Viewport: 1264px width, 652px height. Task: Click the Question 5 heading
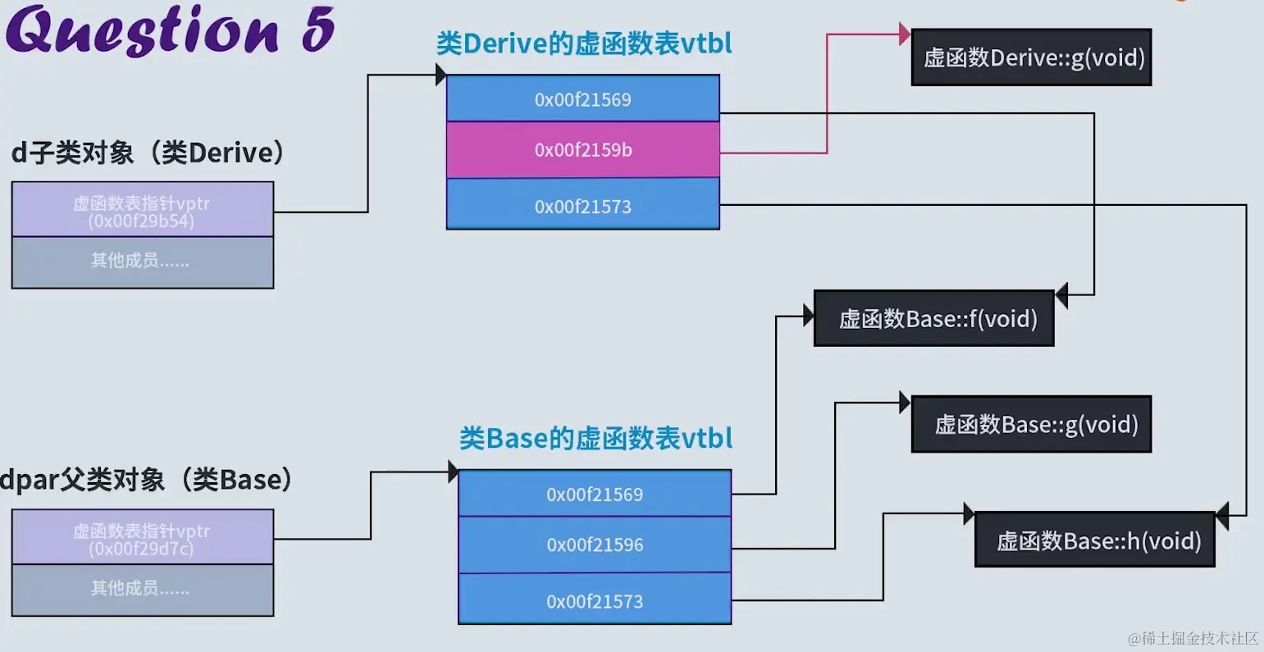click(170, 31)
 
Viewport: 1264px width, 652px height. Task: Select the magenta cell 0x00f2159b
click(582, 150)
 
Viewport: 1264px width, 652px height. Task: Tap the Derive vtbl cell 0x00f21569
click(582, 99)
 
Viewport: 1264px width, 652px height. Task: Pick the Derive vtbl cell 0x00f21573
click(582, 206)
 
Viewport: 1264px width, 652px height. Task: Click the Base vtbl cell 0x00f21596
click(595, 545)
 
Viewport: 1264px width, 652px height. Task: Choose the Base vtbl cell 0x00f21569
click(595, 494)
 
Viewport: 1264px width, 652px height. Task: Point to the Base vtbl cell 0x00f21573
click(595, 601)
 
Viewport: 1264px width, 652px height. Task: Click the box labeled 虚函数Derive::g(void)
click(1031, 57)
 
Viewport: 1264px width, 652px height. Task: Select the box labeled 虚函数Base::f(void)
click(933, 318)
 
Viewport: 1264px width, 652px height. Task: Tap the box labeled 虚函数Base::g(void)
click(1031, 424)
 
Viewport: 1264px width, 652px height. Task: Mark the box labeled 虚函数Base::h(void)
click(1094, 540)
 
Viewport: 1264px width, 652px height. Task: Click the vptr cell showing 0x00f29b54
click(142, 211)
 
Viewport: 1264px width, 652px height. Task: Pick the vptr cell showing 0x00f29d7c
click(142, 539)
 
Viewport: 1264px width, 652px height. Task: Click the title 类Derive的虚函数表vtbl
click(583, 43)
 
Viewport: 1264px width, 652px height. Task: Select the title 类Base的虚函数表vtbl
click(595, 439)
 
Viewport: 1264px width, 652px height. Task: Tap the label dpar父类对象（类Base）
click(148, 480)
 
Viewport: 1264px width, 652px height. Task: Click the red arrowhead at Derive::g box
click(905, 34)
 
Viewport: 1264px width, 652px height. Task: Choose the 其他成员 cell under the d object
click(142, 262)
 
